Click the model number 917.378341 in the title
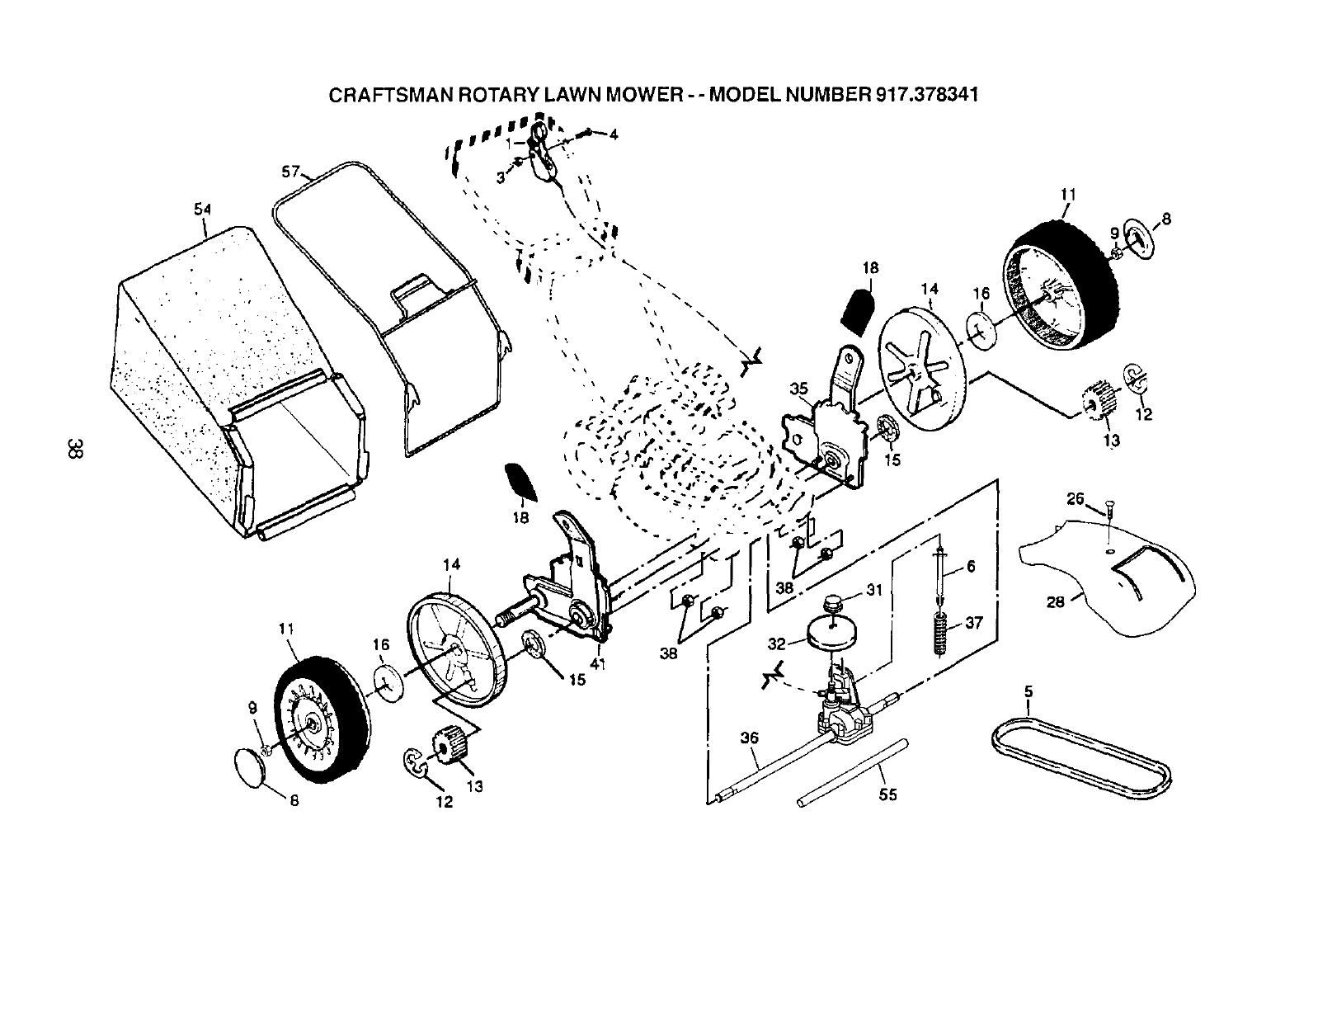pyautogui.click(x=925, y=93)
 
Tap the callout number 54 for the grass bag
pyautogui.click(x=202, y=210)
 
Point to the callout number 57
pyautogui.click(x=289, y=172)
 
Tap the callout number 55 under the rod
pyautogui.click(x=888, y=794)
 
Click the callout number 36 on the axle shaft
pyautogui.click(x=748, y=738)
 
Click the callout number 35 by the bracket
pyautogui.click(x=798, y=388)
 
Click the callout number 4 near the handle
pyautogui.click(x=613, y=135)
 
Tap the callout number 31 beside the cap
pyautogui.click(x=874, y=590)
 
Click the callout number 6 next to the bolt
pyautogui.click(x=971, y=567)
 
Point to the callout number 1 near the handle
pyautogui.click(x=510, y=142)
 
